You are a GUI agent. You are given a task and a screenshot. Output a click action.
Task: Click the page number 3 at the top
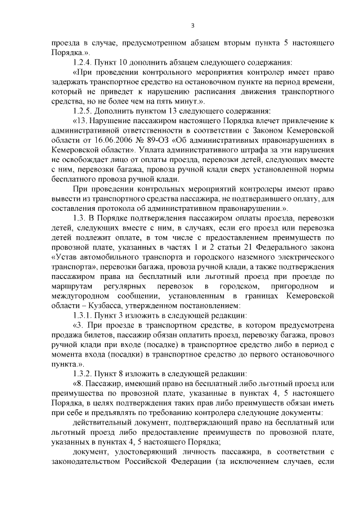[192, 25]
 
